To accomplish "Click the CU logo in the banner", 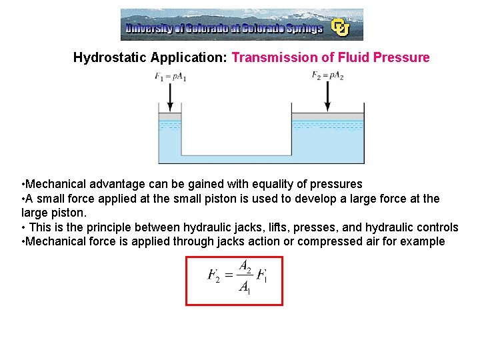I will pyautogui.click(x=341, y=27).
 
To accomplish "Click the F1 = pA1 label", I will pyautogui.click(x=171, y=77).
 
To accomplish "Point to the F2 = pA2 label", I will pyautogui.click(x=327, y=75).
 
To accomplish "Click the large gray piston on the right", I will pyautogui.click(x=328, y=117).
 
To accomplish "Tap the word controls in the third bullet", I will pyautogui.click(x=437, y=227).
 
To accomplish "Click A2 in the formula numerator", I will pyautogui.click(x=245, y=267).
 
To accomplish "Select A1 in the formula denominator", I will pyautogui.click(x=245, y=289).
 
